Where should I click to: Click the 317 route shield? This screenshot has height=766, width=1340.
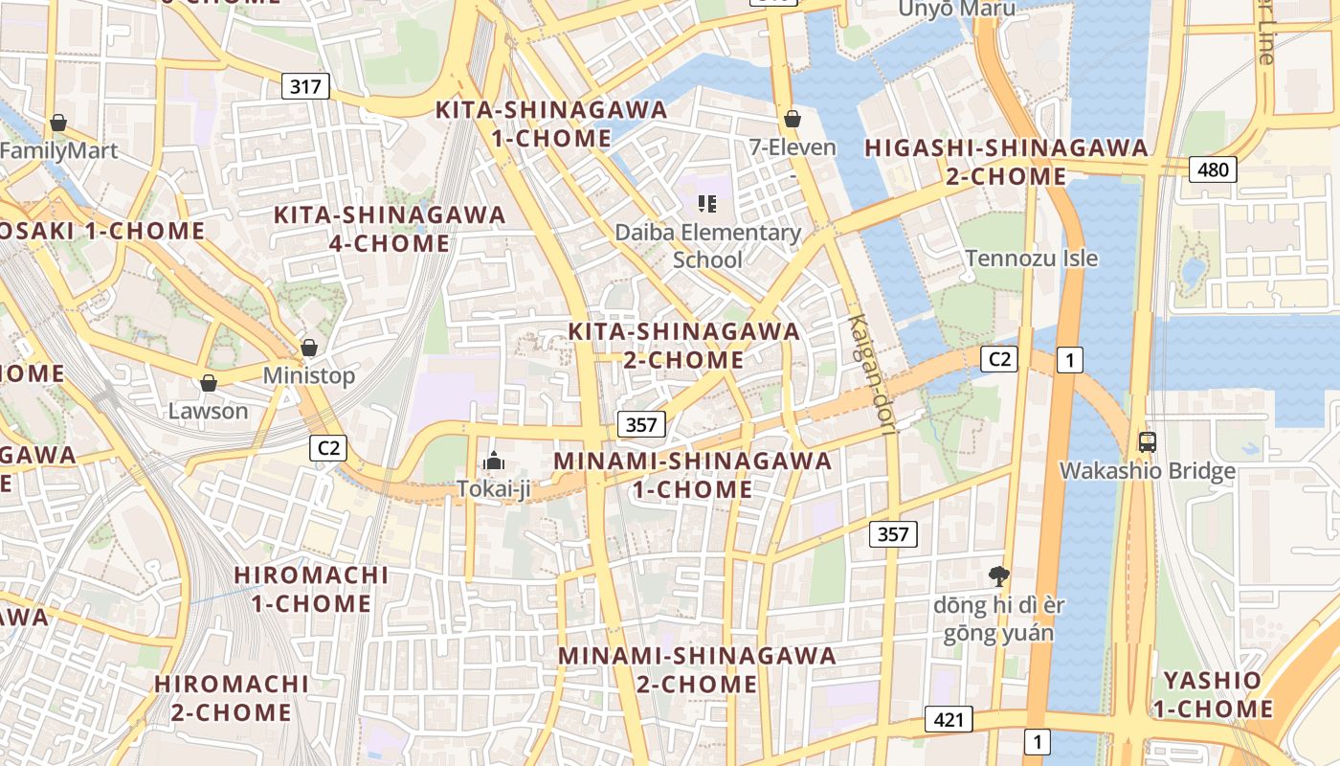(x=306, y=87)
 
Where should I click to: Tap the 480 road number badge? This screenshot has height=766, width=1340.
(x=1213, y=170)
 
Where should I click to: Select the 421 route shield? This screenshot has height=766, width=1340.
(x=949, y=719)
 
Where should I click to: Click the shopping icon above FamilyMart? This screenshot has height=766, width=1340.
(x=58, y=123)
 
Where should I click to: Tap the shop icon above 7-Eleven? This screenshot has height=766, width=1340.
(x=792, y=119)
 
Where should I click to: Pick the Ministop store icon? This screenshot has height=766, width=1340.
(x=308, y=348)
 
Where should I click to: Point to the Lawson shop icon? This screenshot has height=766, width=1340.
(x=208, y=383)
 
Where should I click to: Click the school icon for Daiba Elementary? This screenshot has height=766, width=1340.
(x=707, y=203)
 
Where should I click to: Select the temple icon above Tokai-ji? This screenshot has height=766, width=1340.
(x=493, y=461)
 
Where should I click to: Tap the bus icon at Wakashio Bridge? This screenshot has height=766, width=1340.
(x=1147, y=442)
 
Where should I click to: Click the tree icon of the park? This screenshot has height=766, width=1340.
(x=998, y=575)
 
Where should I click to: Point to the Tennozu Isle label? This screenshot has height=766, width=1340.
(x=1031, y=259)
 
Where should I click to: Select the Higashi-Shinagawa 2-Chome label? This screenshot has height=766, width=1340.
(x=1006, y=162)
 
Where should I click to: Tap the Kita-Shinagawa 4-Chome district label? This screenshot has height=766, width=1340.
(x=390, y=229)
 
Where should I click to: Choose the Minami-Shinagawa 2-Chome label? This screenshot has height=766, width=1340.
(x=697, y=670)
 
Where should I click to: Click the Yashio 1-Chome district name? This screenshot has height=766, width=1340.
(x=1213, y=695)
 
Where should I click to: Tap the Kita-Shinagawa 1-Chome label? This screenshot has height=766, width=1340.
(x=551, y=124)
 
